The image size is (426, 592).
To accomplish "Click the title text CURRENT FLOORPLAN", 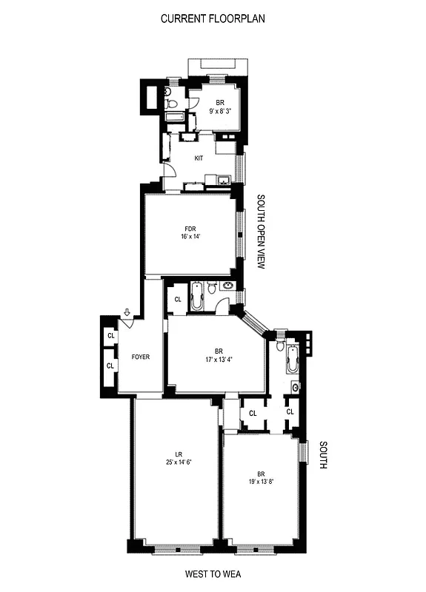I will pos(212,18).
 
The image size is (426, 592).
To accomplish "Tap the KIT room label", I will pos(199,158).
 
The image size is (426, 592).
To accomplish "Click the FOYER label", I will pos(141,357).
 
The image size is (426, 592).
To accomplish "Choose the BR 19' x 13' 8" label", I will pos(260,477).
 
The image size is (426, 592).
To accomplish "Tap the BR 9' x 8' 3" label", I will pos(219,107).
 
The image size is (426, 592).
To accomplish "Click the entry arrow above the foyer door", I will pos(127,314).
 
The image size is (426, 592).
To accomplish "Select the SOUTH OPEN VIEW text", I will pos(261,231).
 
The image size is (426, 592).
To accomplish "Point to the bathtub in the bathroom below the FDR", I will pos(196,297).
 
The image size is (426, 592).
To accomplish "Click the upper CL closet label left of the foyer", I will pos(111,336).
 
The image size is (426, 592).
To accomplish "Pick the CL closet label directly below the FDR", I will pos(178,300).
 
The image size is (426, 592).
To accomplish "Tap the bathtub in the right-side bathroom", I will pos(293,362).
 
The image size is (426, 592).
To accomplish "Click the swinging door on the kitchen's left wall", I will pos(170,171).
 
